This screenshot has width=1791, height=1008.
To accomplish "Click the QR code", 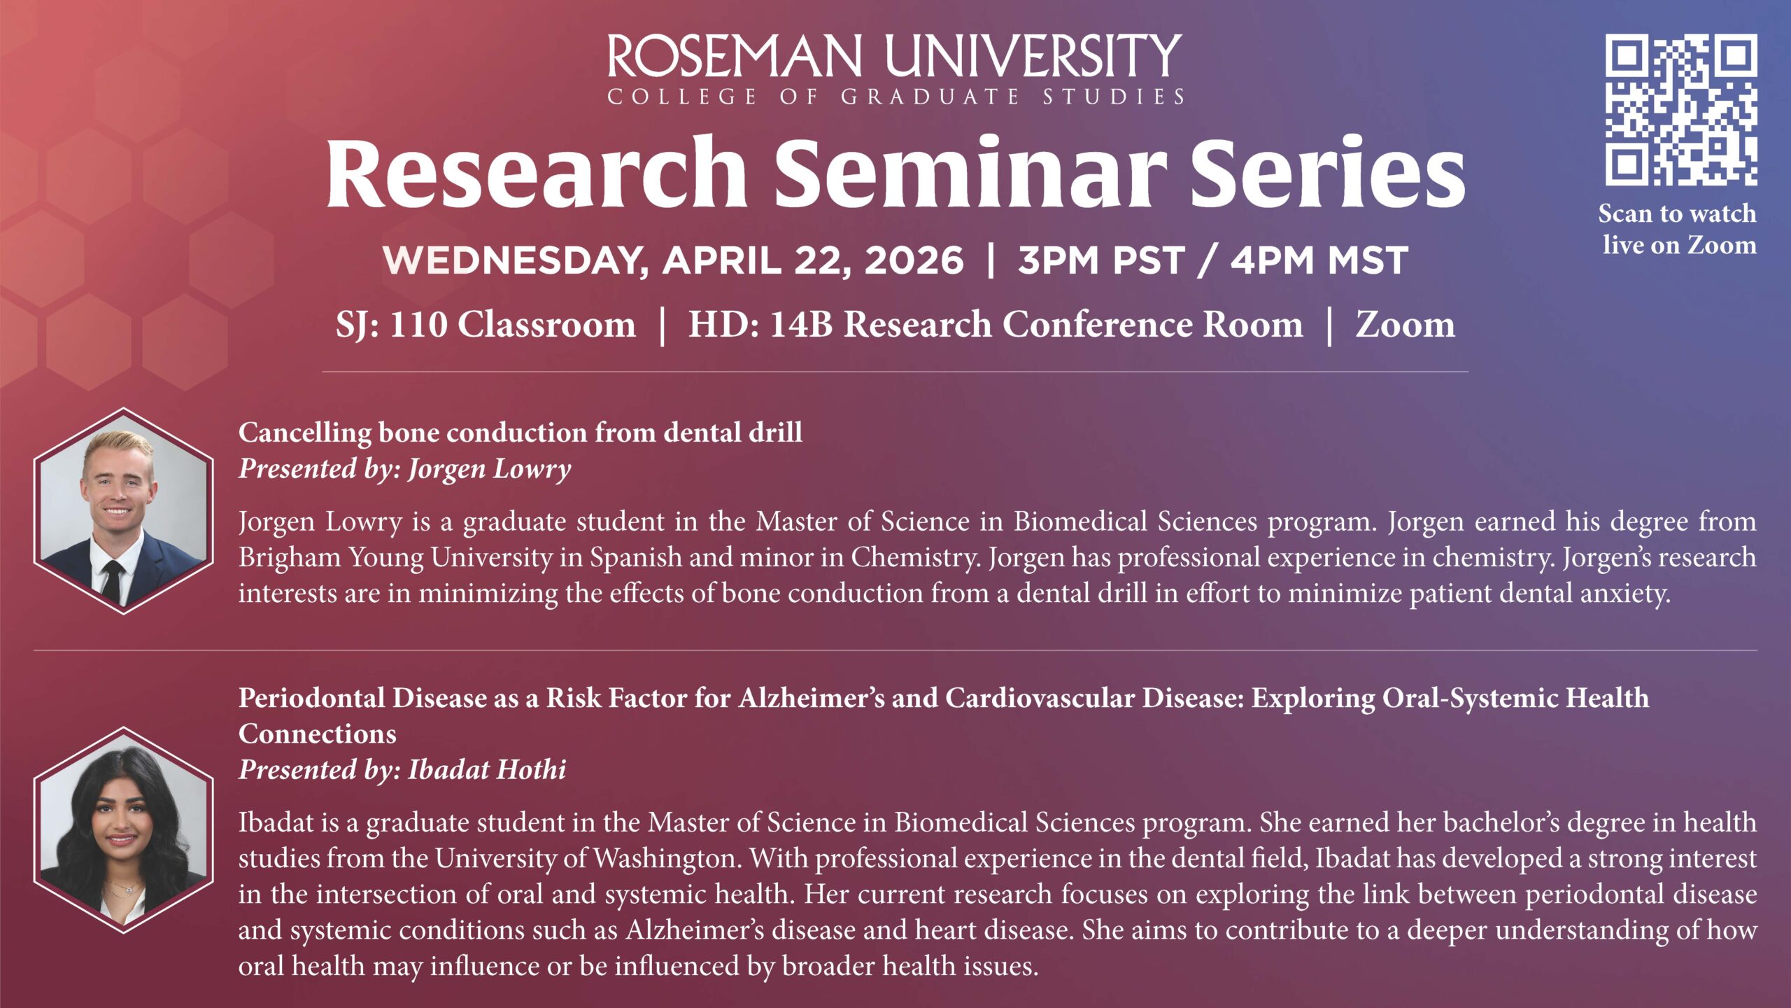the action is [x=1680, y=110].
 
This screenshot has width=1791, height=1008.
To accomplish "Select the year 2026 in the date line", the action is [x=914, y=260].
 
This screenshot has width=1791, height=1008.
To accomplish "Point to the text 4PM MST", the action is [x=1319, y=260].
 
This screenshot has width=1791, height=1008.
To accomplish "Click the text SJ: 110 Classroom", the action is [x=486, y=325].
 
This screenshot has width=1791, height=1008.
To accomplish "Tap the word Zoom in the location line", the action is [x=1405, y=325].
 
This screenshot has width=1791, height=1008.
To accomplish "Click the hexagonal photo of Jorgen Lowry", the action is [x=124, y=511].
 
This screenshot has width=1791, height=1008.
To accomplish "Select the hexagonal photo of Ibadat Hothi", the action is [x=124, y=830].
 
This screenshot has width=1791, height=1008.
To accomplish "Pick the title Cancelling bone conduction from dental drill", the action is [x=521, y=433].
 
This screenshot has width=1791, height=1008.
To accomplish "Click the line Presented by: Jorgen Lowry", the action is [x=405, y=468].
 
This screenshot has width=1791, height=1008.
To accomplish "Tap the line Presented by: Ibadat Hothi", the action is [x=402, y=769].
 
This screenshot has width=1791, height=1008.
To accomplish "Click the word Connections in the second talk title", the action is [x=318, y=734].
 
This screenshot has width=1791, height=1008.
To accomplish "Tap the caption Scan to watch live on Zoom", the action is [x=1678, y=229].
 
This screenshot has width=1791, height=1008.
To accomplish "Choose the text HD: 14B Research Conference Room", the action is [x=996, y=325].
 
